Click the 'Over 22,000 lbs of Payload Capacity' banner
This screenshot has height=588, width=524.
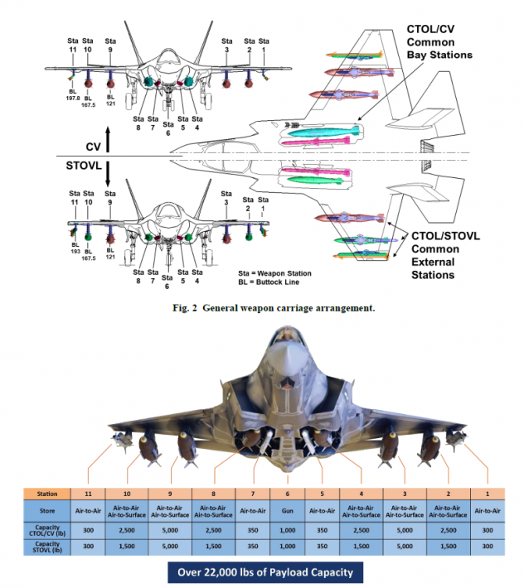coord(261,572)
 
